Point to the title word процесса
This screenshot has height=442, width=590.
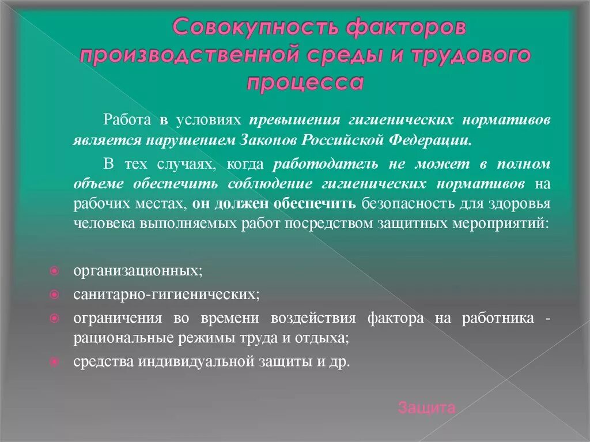click(x=305, y=82)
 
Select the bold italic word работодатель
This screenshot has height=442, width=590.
click(x=326, y=164)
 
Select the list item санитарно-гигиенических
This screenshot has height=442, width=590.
click(x=166, y=294)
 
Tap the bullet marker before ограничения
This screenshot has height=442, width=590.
click(x=53, y=318)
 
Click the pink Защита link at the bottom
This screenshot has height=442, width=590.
click(x=426, y=409)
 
